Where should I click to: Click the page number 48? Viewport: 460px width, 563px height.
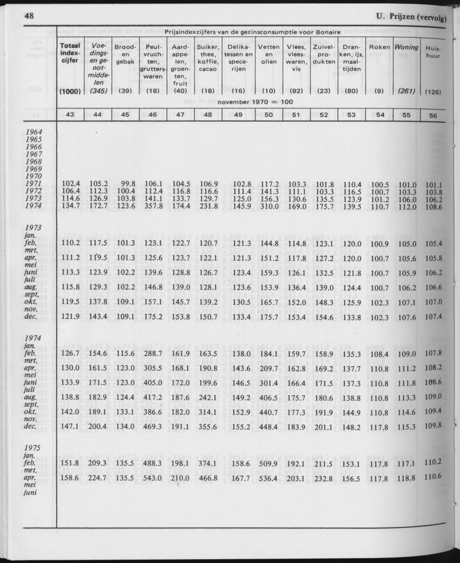29,16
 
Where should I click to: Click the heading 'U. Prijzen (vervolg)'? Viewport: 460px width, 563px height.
411,18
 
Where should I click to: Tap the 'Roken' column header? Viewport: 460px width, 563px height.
379,47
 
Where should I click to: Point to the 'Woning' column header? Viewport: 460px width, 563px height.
406,47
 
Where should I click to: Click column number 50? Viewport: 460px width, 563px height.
268,115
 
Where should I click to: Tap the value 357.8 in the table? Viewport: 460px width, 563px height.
153,207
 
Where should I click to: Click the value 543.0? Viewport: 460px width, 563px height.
153,478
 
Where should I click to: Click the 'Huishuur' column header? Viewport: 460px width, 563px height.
432,52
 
